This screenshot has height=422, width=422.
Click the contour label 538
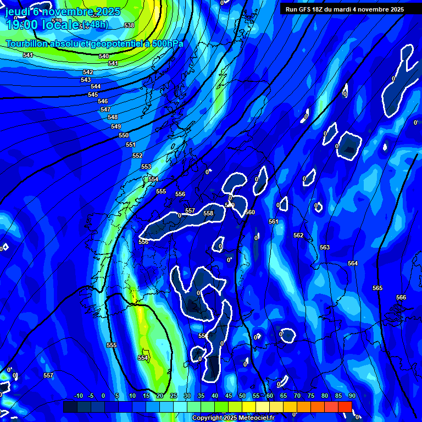click(129, 26)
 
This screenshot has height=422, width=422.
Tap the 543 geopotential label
click(86, 80)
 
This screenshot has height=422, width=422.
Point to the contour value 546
click(103, 102)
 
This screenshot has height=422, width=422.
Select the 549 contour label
click(116, 126)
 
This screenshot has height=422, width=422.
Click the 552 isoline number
click(137, 156)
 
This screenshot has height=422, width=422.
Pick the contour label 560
click(250, 212)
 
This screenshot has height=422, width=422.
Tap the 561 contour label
click(274, 221)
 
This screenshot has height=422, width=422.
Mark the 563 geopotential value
click(325, 248)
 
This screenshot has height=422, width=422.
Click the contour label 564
click(353, 264)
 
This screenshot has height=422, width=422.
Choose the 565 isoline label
click(377, 288)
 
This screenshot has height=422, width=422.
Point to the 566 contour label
click(401, 297)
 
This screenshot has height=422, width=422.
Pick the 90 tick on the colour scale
click(352, 396)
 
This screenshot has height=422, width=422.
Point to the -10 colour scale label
click(78, 396)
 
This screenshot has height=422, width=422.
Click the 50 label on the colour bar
click(242, 396)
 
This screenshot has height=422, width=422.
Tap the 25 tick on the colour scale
click(174, 396)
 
